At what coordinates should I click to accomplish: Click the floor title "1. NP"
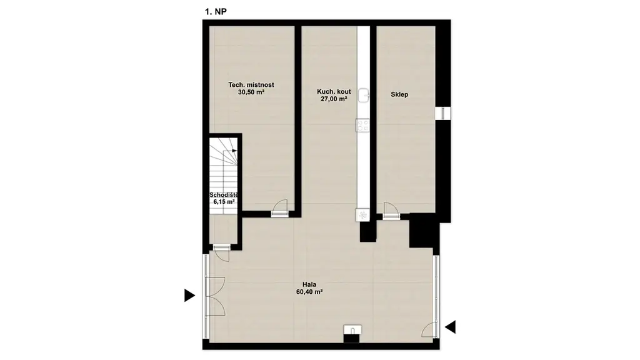coord(216,11)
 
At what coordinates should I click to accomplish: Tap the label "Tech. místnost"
coord(251,85)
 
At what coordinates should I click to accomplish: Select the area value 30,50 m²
coord(251,92)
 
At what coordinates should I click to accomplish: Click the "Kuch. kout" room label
coord(334,91)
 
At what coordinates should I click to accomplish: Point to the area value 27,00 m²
coord(334,99)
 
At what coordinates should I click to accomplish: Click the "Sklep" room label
coord(399,94)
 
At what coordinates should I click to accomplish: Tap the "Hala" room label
coord(309,284)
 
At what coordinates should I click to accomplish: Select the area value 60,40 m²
coord(309,292)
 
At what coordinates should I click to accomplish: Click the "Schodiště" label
coord(224,195)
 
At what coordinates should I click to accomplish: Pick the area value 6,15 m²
coord(224,202)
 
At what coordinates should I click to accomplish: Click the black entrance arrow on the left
coord(189,295)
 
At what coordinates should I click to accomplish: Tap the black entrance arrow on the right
coord(450,327)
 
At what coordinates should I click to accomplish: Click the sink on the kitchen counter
coord(364,96)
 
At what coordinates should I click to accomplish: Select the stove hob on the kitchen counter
coord(363,125)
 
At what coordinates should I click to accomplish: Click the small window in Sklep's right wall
coord(443,114)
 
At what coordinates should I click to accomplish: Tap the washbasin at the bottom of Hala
coord(352,330)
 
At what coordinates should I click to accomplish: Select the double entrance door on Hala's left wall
coord(214,296)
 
